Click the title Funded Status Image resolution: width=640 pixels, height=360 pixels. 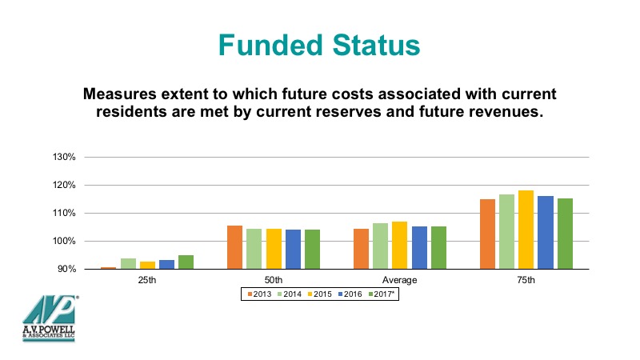click(x=319, y=45)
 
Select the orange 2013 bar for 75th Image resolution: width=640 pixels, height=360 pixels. click(x=487, y=234)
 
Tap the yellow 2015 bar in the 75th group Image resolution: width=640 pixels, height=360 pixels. click(x=526, y=230)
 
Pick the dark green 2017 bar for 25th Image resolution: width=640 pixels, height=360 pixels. click(x=186, y=262)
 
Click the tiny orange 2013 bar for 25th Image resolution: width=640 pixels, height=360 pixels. click(x=109, y=268)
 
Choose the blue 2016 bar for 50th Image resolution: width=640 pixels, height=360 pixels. click(x=293, y=250)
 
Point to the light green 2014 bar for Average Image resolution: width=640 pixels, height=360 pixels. click(x=381, y=246)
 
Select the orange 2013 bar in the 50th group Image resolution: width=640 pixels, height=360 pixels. click(x=234, y=247)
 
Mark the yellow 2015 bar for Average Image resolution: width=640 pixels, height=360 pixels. click(x=399, y=246)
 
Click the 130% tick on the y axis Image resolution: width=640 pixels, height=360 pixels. click(x=64, y=157)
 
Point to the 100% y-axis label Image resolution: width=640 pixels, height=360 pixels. click(x=64, y=242)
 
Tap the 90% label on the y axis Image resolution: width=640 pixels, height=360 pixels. click(x=66, y=269)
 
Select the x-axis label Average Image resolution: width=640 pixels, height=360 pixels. click(x=399, y=280)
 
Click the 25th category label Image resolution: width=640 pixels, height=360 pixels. click(x=147, y=280)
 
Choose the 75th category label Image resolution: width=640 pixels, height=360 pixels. click(x=526, y=280)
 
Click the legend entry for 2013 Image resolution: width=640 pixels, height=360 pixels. click(x=259, y=294)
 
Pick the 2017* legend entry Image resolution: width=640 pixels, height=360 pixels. click(x=382, y=294)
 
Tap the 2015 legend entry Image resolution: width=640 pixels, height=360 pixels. click(x=319, y=294)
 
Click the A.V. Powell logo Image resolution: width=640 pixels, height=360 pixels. click(x=50, y=318)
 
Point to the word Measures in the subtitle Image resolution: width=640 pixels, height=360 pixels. click(x=119, y=94)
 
